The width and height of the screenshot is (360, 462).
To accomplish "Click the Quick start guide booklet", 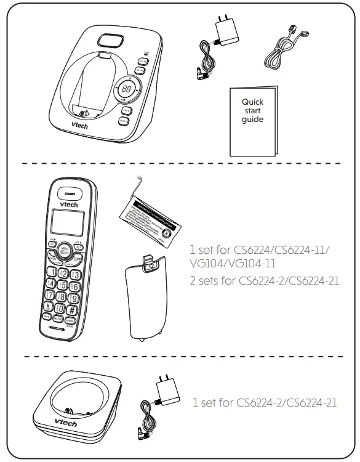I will [x=252, y=121].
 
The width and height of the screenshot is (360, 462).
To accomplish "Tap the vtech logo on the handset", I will [x=66, y=202].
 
